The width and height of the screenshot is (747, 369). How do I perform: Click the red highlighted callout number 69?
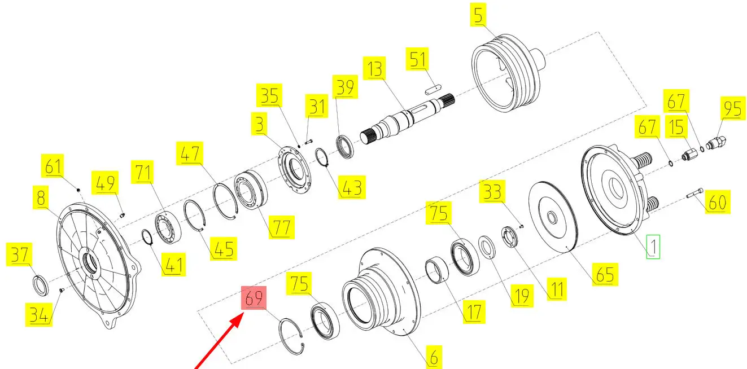click(254, 298)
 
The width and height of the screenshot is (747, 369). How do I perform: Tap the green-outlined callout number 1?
click(653, 247)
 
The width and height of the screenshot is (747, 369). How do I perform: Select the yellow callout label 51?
click(417, 59)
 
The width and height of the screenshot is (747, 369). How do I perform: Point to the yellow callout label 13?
click(374, 68)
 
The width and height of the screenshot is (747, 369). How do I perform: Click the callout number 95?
click(733, 108)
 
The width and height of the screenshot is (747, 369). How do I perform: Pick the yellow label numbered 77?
click(281, 227)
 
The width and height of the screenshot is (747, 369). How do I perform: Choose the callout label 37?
click(19, 254)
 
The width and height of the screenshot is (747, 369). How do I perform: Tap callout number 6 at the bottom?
click(434, 357)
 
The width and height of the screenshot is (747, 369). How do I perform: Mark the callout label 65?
click(605, 274)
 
